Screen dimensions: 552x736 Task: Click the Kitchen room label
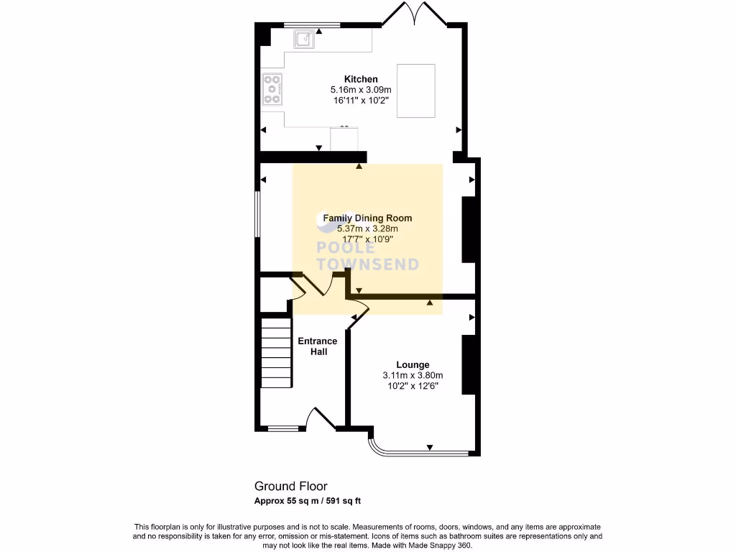360,79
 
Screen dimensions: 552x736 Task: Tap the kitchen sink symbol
303,39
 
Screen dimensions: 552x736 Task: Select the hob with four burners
272,90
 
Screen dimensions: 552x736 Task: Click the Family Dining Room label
367,218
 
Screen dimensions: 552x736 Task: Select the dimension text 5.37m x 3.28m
367,229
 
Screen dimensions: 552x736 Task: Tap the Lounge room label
413,365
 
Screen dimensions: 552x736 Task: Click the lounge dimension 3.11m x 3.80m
413,375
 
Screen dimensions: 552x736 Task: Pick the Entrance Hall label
318,346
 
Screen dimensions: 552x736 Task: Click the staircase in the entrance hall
277,352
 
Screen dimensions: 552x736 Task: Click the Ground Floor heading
290,487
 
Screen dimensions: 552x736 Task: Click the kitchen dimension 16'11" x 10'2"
360,101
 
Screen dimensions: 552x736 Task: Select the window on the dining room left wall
259,213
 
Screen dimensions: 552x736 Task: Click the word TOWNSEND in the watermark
367,264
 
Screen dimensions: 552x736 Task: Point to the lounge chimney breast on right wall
469,365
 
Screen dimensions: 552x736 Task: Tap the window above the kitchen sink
312,25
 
